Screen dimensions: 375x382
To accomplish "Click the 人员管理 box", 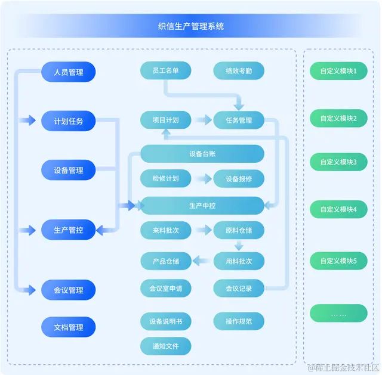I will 68,72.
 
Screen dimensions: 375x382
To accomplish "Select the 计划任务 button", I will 68,121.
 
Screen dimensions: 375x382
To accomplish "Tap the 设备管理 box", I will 68,170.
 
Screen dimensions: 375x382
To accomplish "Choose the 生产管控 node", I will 68,230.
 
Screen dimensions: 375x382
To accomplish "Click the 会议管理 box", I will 68,290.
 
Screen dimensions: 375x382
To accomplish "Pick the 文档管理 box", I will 68,327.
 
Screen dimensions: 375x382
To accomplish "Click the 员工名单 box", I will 165,71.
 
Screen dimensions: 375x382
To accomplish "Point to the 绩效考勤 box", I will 239,71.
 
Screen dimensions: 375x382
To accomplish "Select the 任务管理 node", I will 239,120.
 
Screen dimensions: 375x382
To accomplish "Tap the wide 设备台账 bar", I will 202,154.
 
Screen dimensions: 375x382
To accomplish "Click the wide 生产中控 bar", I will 202,206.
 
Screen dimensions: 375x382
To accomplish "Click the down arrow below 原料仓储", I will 239,245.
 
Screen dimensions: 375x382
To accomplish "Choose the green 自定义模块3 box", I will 338,162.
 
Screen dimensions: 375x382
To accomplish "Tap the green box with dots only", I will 338,314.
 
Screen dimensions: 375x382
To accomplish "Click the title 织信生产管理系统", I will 191,26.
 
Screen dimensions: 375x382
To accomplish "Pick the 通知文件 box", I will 165,346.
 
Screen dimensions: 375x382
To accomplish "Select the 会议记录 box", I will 239,289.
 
